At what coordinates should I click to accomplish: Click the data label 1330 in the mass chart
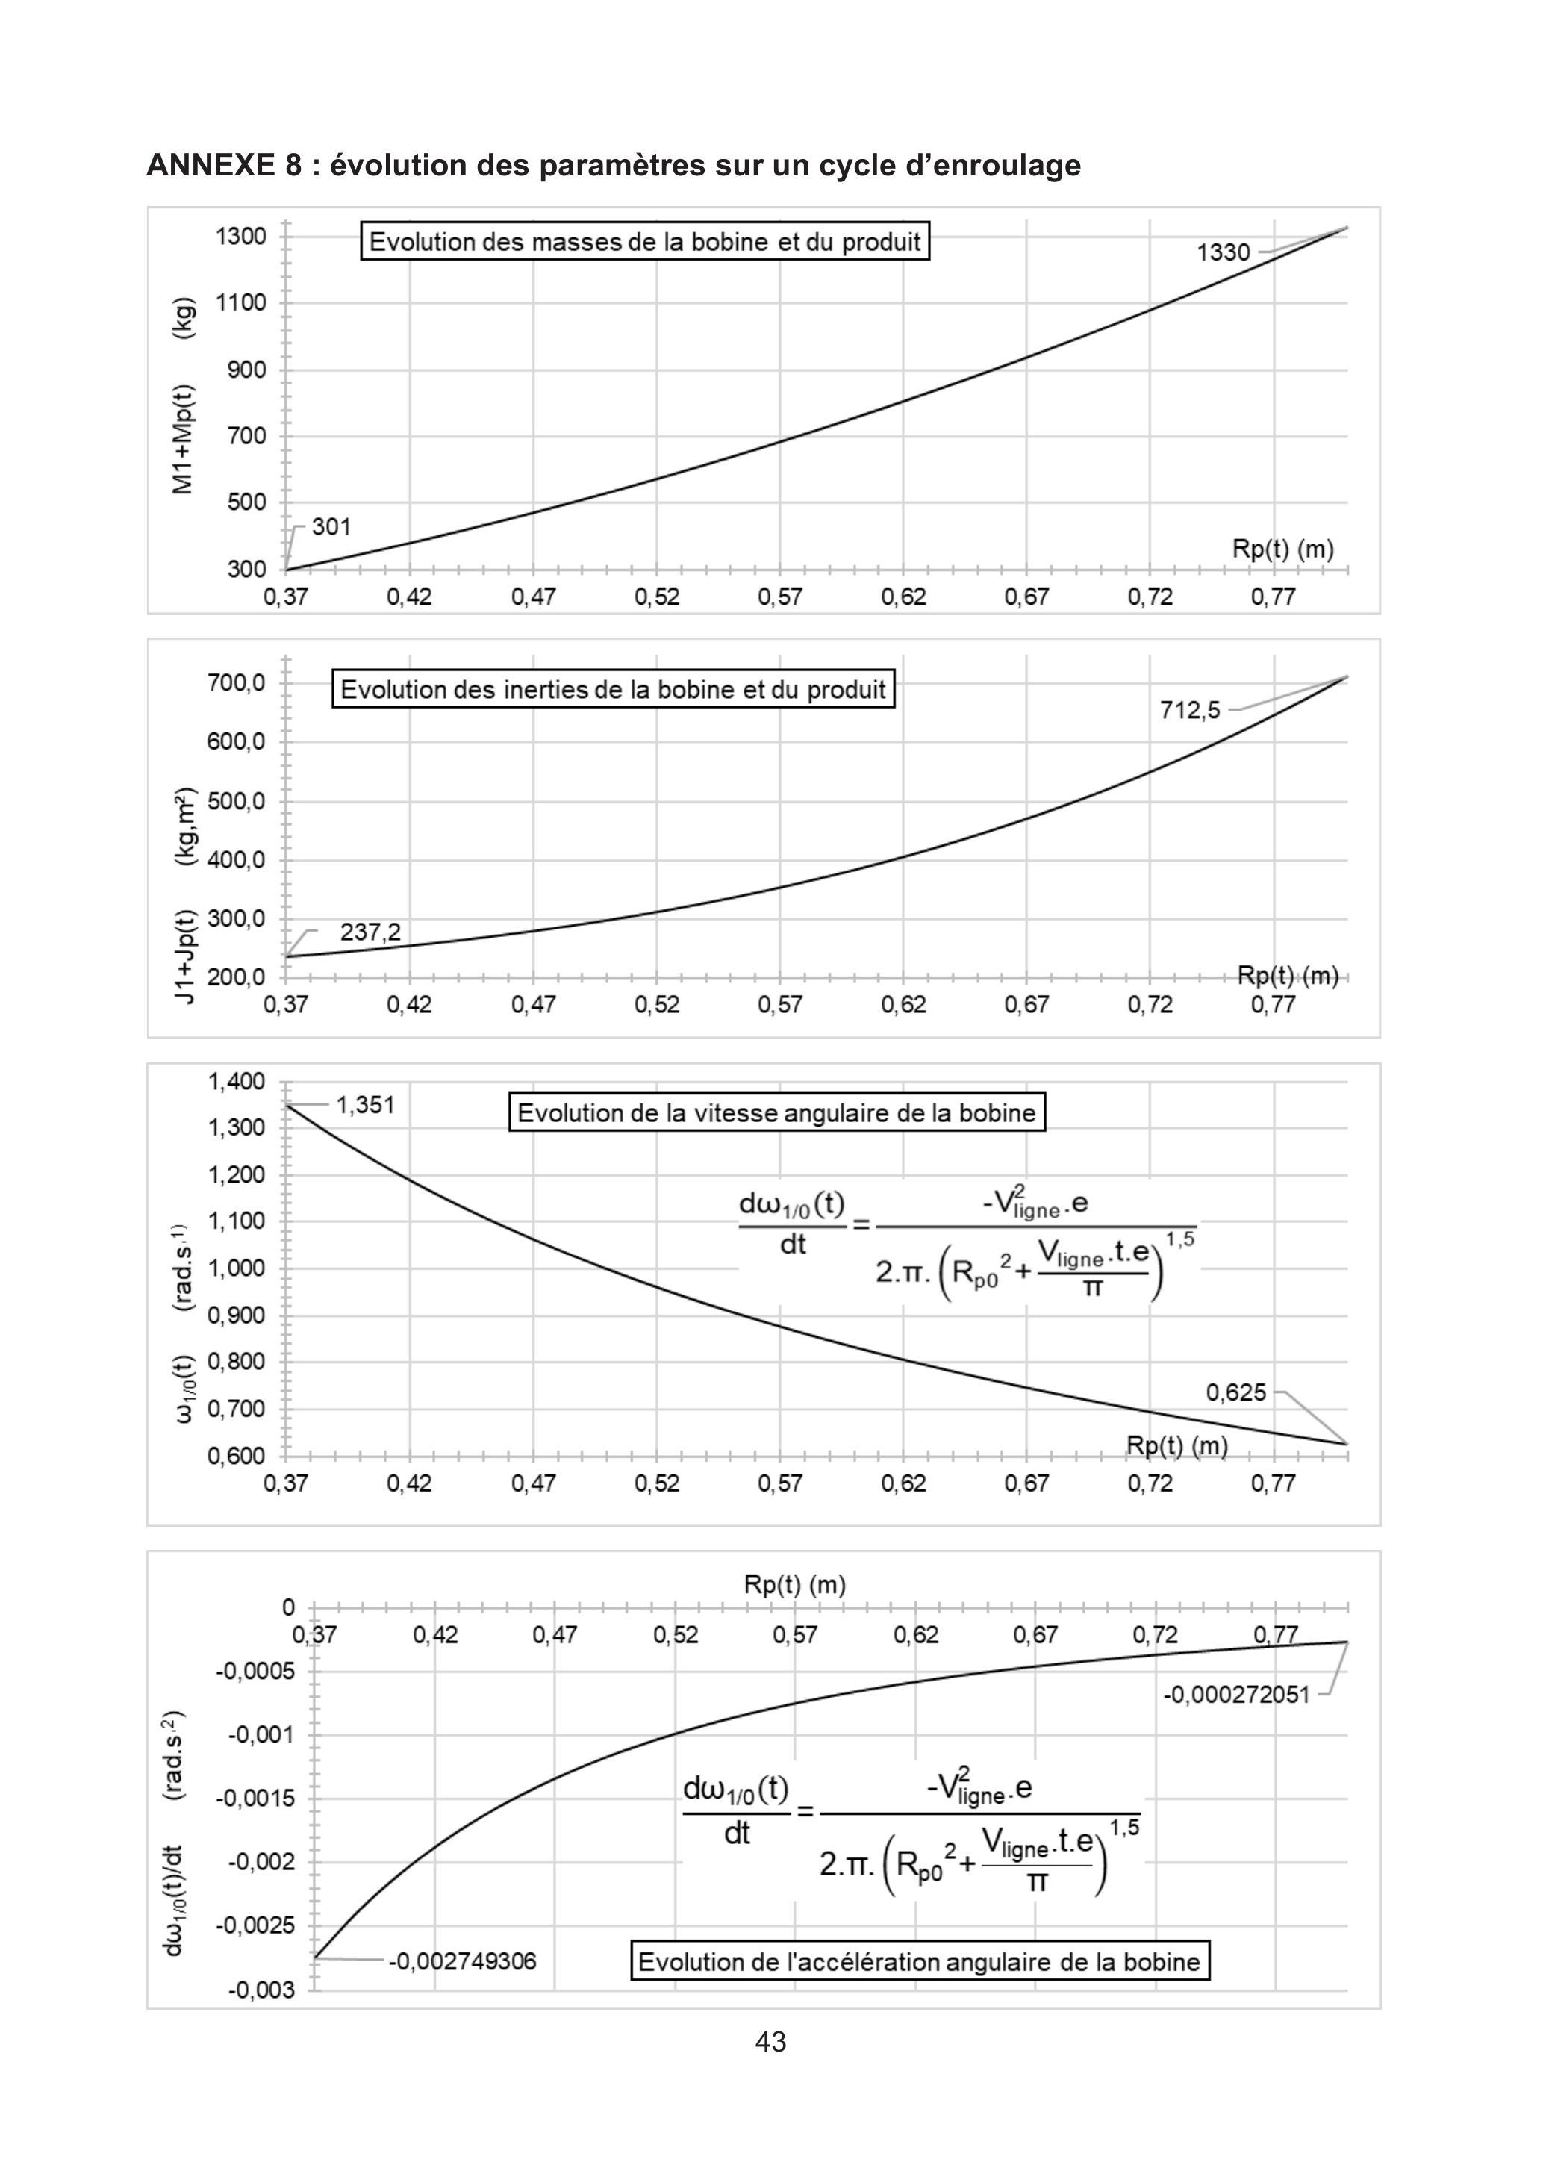coord(1223,252)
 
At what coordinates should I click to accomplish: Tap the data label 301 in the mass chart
coord(331,527)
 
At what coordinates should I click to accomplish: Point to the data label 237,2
coord(371,932)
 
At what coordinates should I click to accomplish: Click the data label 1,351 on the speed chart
coord(365,1105)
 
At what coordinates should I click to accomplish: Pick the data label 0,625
coord(1236,1393)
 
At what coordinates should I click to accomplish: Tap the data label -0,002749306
coord(462,1961)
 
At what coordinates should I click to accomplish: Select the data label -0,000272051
coord(1236,1694)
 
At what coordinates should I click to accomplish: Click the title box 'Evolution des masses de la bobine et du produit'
coord(644,241)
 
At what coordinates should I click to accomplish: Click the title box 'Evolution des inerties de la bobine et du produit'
coord(613,689)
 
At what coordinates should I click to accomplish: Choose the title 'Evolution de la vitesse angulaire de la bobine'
coord(777,1112)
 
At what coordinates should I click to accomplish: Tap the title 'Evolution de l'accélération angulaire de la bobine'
coord(920,1961)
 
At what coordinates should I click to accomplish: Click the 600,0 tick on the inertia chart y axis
coord(237,741)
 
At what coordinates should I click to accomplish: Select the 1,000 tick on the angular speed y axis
coord(237,1268)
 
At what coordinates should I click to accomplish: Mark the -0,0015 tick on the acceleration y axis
coord(241,1798)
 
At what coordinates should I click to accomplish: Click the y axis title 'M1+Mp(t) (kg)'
coord(184,396)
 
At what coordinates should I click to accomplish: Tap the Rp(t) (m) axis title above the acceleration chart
coord(795,1585)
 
